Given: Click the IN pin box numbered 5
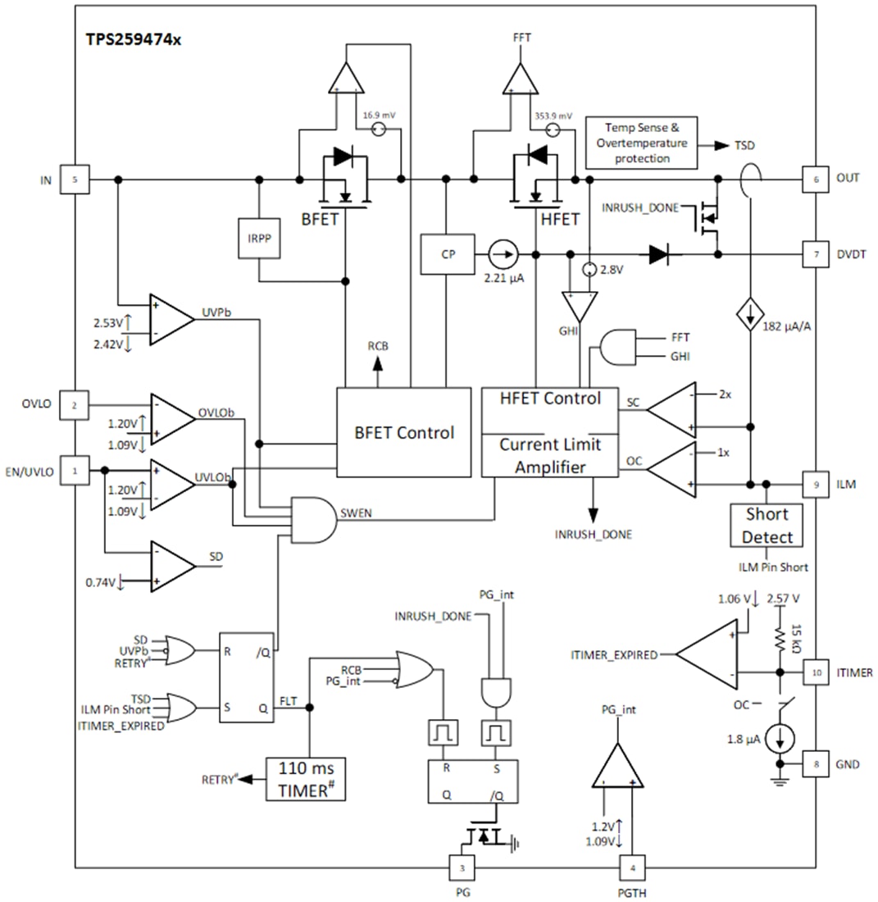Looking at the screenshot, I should [x=75, y=179].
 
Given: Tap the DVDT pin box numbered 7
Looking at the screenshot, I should [x=815, y=255].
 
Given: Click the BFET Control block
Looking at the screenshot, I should [x=404, y=432].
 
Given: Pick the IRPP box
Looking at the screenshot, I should [x=258, y=239].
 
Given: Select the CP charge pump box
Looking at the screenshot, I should [x=447, y=255].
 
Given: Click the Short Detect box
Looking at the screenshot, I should [x=767, y=526].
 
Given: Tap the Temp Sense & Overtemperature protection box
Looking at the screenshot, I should [x=642, y=143].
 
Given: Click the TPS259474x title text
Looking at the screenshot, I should [x=134, y=39].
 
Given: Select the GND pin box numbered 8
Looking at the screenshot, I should [x=815, y=764].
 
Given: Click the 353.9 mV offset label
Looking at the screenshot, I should [x=553, y=116].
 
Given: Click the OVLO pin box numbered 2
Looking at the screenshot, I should [x=75, y=405].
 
